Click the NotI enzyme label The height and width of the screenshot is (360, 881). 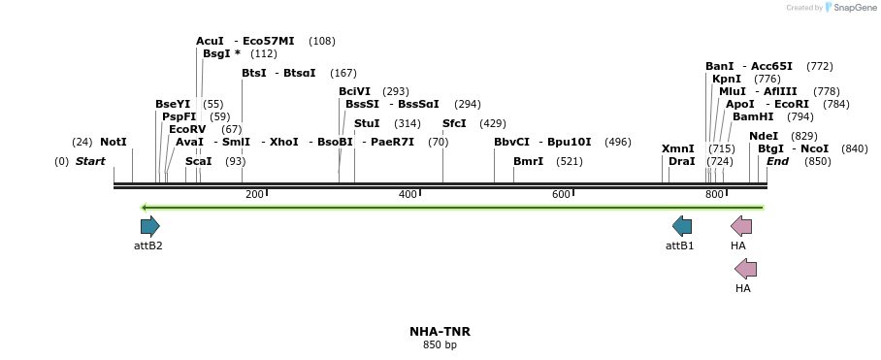click(114, 143)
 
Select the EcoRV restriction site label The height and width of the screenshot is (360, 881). click(187, 129)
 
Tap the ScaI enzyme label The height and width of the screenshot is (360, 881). click(198, 161)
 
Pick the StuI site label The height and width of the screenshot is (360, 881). click(367, 123)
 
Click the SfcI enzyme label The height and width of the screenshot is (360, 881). click(454, 123)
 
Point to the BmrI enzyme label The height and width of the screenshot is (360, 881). click(528, 161)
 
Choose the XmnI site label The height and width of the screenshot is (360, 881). click(677, 148)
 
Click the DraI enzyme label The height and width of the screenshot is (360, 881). click(681, 161)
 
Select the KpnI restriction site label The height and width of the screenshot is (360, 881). click(726, 79)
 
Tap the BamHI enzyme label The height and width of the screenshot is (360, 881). click(752, 116)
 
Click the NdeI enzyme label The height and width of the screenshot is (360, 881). click(764, 136)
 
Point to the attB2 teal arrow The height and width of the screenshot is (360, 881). click(149, 226)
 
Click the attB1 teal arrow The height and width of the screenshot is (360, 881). click(682, 226)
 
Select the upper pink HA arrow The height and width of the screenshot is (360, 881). click(741, 226)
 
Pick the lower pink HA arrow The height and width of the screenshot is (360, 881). click(745, 269)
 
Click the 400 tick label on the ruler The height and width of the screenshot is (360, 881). click(408, 195)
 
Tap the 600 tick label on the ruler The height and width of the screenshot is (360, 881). click(561, 195)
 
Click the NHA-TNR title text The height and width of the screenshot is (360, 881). click(440, 332)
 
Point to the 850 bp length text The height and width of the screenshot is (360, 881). click(440, 344)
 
